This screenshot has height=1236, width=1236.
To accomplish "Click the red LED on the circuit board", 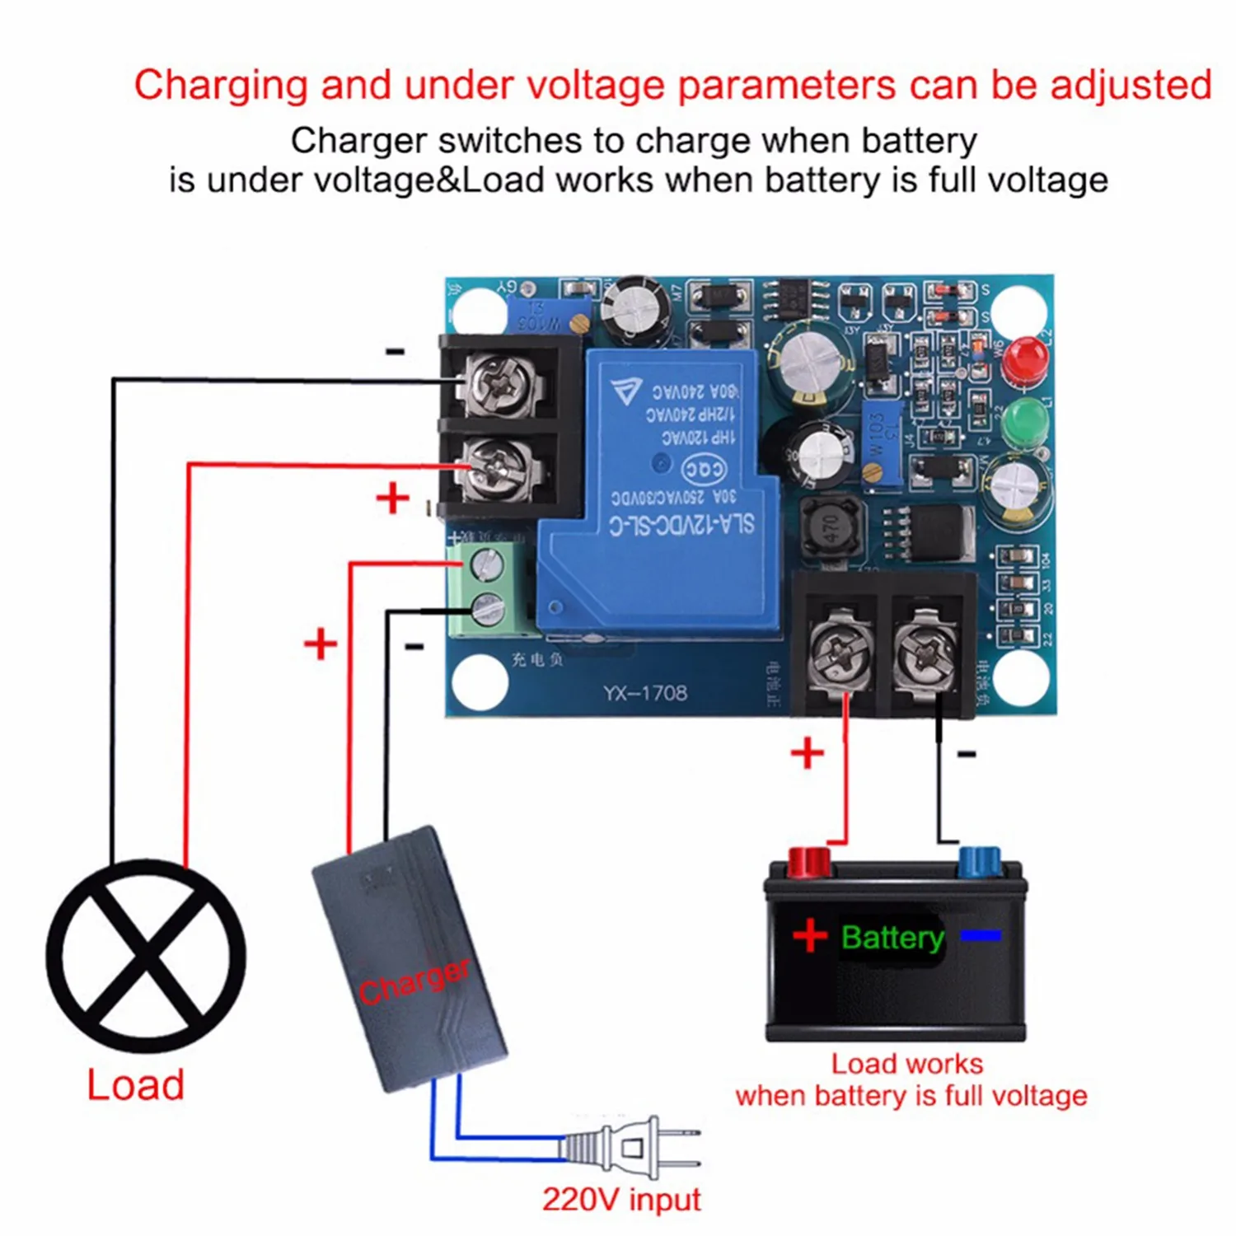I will (1025, 361).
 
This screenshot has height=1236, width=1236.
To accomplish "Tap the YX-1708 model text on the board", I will (644, 693).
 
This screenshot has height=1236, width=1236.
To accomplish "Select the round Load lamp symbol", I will (146, 956).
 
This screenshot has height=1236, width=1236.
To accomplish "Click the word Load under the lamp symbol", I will (136, 1084).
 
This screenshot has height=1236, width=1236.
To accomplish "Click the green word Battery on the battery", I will (892, 937).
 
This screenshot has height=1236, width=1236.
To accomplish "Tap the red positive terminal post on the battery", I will (808, 864).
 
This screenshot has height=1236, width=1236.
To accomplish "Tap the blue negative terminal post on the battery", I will (979, 864).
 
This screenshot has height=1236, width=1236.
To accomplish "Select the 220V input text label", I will (621, 1199).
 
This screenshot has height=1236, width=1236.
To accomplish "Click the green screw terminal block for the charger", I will (487, 588).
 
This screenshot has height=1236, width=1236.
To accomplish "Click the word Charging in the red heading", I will (221, 86).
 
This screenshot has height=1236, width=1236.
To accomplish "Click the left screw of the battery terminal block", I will (840, 654).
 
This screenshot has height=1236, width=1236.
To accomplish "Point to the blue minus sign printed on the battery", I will (981, 935).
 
